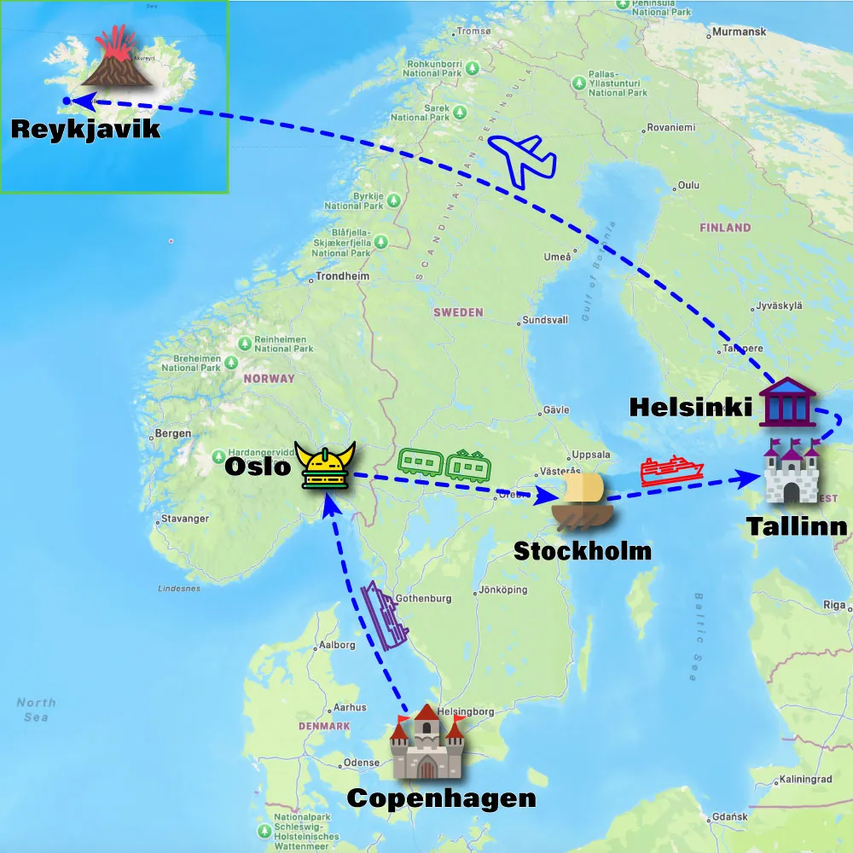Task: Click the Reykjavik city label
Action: pyautogui.click(x=85, y=130)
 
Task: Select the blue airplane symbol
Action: pyautogui.click(x=522, y=160)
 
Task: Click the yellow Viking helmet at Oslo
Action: pyautogui.click(x=325, y=466)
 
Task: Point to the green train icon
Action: pyautogui.click(x=443, y=464)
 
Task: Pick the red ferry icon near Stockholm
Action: pyautogui.click(x=671, y=470)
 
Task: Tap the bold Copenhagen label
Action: pyautogui.click(x=441, y=798)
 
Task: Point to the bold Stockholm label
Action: pyautogui.click(x=582, y=551)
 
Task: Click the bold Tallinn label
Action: pyautogui.click(x=798, y=526)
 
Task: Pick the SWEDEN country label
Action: pyautogui.click(x=458, y=312)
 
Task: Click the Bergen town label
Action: pyautogui.click(x=174, y=433)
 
